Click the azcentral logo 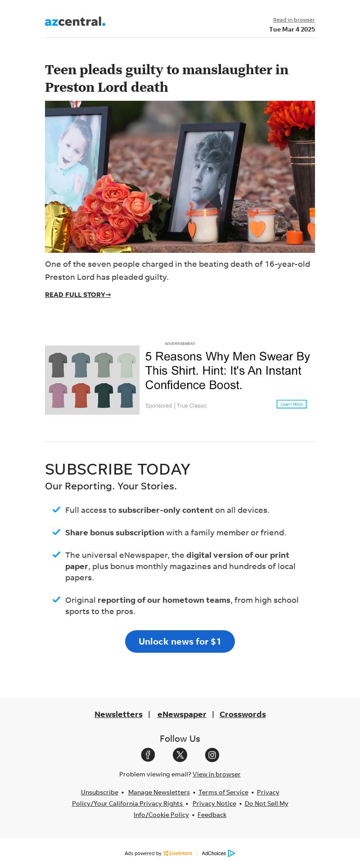coord(75,22)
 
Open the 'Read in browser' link coord(294,20)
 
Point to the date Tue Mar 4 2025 coord(292,29)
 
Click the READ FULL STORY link coord(78,295)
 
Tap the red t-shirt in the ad coord(81,395)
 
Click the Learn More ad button coord(292,404)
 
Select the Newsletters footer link coord(118,714)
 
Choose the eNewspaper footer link coord(182,714)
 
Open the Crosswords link coord(243,714)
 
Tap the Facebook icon coord(148,755)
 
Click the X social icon coord(180,755)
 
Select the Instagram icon coord(212,755)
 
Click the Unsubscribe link coord(99,792)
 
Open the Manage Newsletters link coord(159,792)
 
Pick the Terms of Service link coord(223,792)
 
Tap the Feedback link coord(212,815)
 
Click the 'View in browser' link coord(216,774)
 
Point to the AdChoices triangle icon coord(231,853)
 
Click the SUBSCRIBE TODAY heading coord(117,469)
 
